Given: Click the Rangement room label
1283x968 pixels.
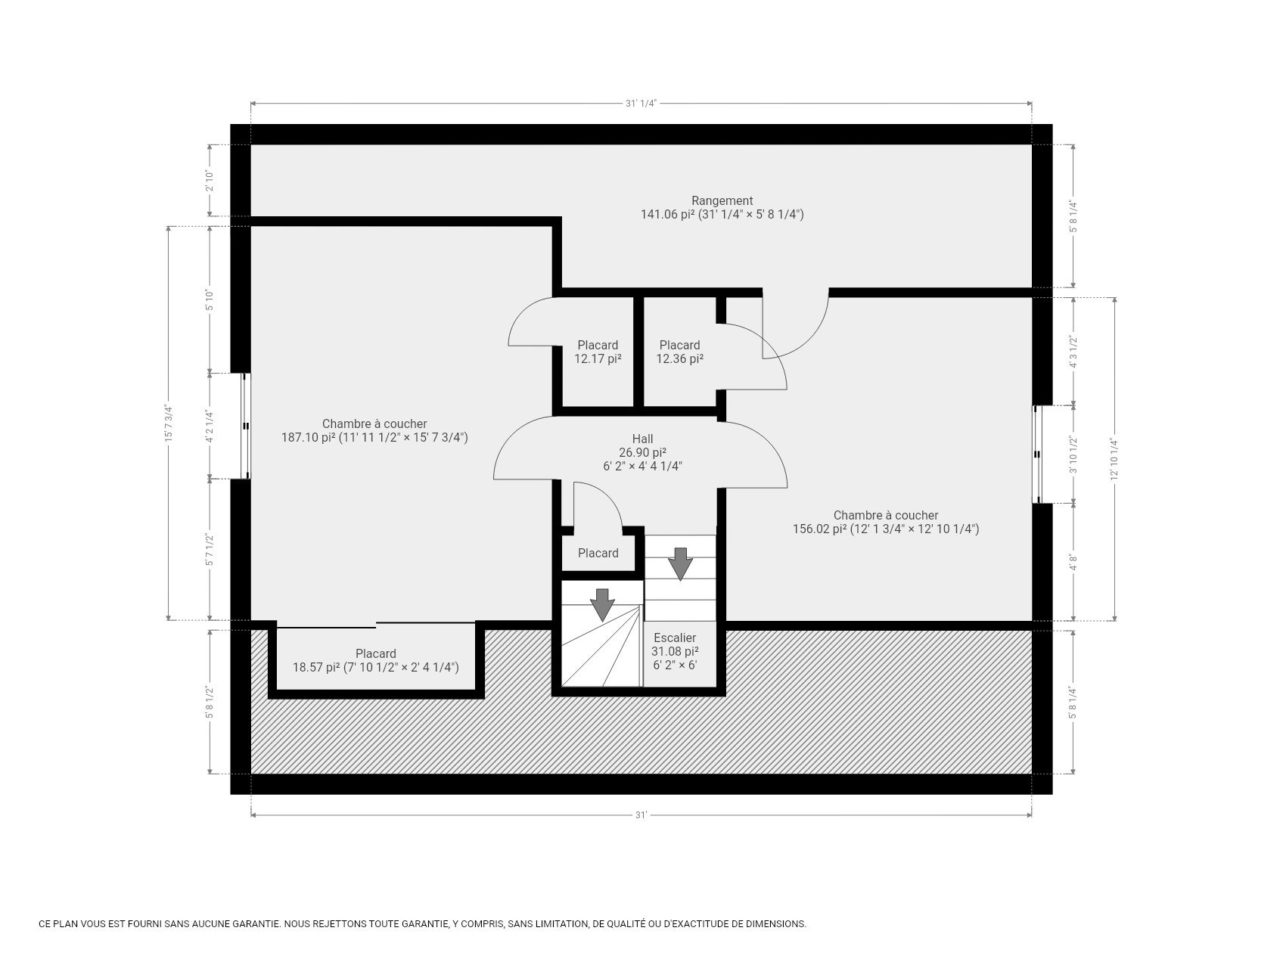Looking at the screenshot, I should click(x=722, y=201).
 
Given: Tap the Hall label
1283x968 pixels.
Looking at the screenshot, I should click(x=642, y=439).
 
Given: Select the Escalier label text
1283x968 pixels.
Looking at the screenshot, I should click(x=674, y=638).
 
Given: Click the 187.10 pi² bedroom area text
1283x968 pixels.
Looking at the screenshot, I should click(x=374, y=438).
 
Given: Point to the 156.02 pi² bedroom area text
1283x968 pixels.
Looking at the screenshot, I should click(x=885, y=529).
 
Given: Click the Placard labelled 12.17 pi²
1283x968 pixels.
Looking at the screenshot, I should click(x=598, y=352).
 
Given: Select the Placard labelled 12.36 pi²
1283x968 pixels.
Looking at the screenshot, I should click(x=679, y=352).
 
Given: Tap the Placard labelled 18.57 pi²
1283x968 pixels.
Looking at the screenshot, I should click(x=376, y=660).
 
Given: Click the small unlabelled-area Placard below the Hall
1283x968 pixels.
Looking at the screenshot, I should click(x=598, y=554).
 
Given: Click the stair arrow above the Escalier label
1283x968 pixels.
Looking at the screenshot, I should click(x=680, y=563).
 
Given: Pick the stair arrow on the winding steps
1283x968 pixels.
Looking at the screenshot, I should click(x=602, y=603).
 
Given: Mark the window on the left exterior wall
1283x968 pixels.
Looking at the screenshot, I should click(x=245, y=426).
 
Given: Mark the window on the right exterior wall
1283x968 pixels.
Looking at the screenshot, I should click(x=1037, y=455).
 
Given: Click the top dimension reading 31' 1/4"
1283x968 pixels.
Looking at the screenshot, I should click(x=641, y=104).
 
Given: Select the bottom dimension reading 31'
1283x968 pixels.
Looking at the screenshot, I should click(x=641, y=815).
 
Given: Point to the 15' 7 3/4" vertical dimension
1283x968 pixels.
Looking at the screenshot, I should click(x=169, y=423).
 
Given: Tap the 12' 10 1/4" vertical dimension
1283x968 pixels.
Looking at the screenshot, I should click(x=1114, y=459).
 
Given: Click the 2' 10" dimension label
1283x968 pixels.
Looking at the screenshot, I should click(x=210, y=181).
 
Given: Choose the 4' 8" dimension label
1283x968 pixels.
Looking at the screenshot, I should click(x=1072, y=563).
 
